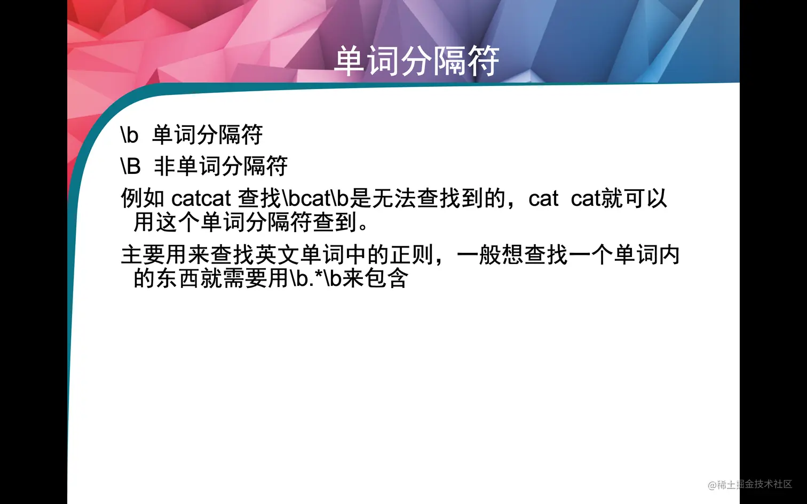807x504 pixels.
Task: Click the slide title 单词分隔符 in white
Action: tap(416, 61)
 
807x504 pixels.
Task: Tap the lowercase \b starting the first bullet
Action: tap(130, 135)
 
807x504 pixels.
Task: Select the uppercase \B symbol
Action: tap(131, 166)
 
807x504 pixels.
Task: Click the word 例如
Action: tap(143, 198)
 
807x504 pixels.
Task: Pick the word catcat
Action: tap(201, 198)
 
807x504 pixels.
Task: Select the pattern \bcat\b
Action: tap(315, 198)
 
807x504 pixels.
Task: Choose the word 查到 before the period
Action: tap(334, 222)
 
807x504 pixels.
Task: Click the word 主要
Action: tap(143, 255)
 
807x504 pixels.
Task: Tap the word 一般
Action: tap(489, 255)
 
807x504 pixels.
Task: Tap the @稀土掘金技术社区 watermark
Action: tap(750, 484)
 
